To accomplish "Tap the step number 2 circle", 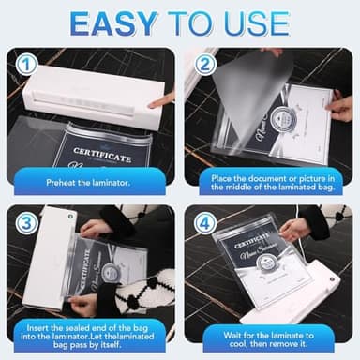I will (203, 65).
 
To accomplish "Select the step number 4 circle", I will (203, 222).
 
